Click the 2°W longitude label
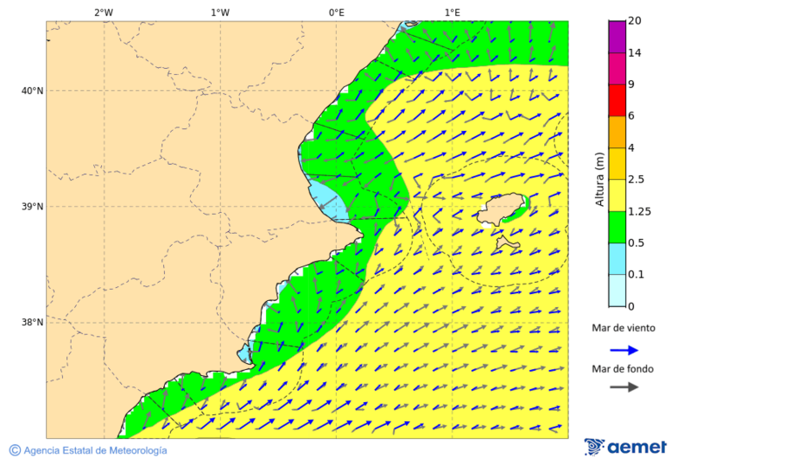click(103, 12)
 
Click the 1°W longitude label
click(220, 12)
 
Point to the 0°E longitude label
click(336, 12)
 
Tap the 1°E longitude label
click(452, 12)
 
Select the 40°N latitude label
click(31, 91)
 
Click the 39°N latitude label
click(31, 207)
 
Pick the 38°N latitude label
click(31, 323)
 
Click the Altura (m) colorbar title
click(599, 180)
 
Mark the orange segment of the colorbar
click(617, 132)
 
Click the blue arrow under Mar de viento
click(624, 350)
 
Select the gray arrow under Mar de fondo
click(624, 387)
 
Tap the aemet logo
click(625, 447)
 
